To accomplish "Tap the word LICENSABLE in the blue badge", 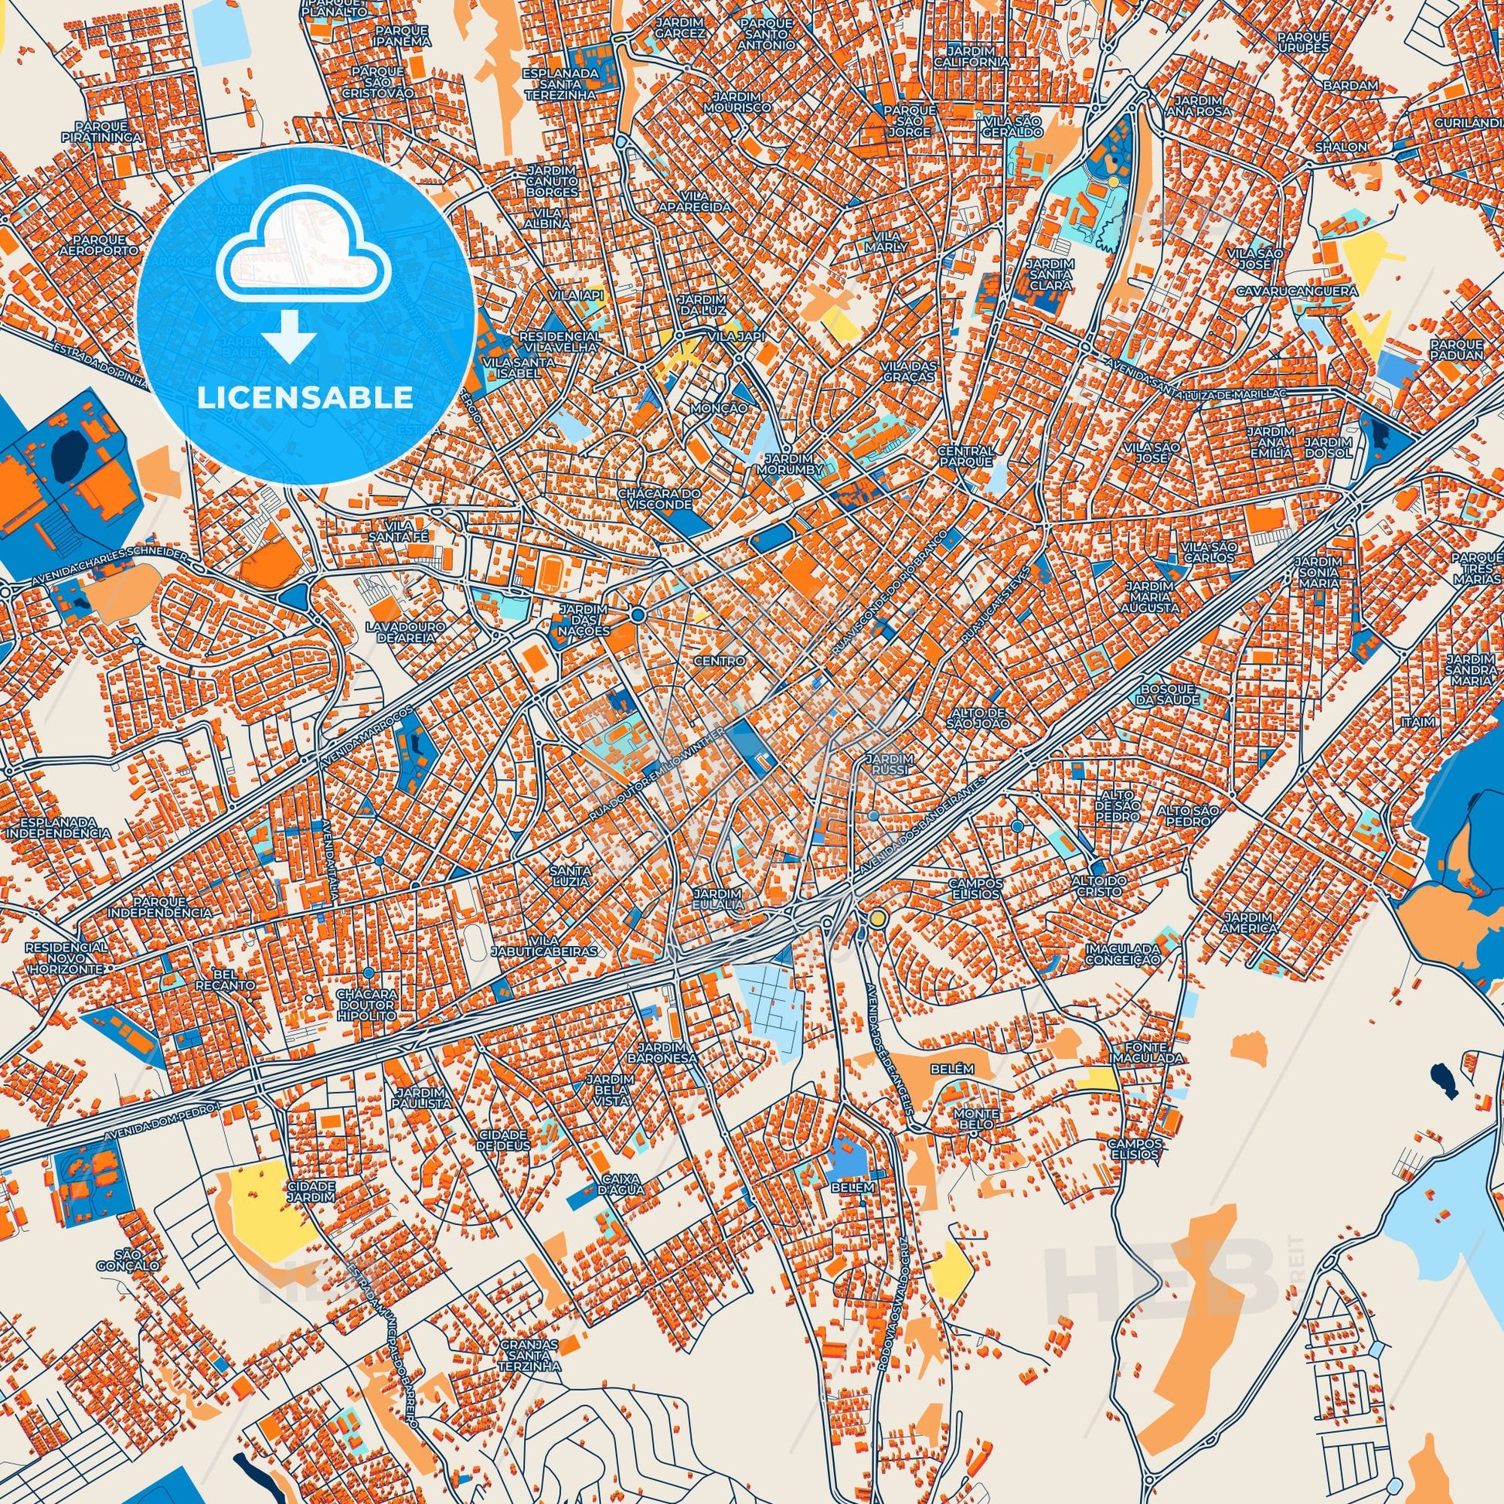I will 305,398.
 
